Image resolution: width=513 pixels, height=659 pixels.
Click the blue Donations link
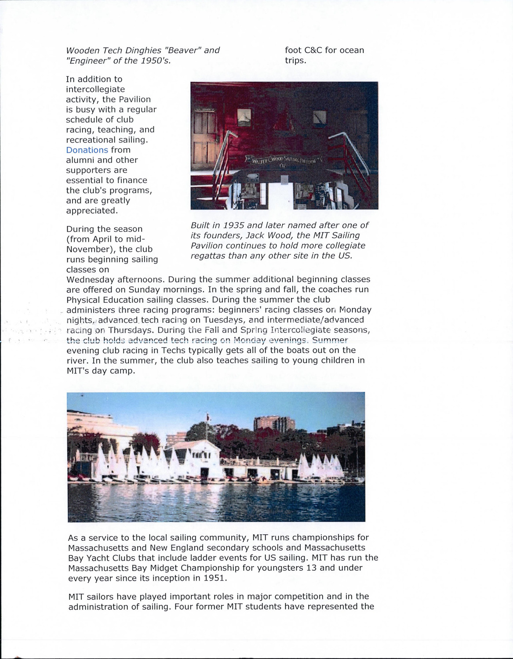(87, 150)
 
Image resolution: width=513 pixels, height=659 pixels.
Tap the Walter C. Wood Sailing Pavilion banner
(285, 161)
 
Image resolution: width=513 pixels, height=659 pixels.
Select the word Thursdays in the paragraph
(131, 330)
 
